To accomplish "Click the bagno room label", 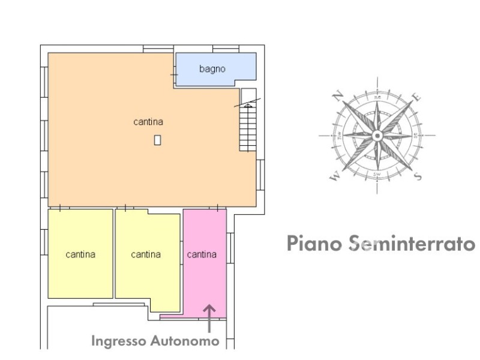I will pos(212,69).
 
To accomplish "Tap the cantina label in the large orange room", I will pos(148,122).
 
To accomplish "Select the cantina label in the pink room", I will pos(202,254).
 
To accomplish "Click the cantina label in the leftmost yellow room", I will pos(80,254).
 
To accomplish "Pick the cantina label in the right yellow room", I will pos(146,254).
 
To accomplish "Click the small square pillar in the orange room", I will pos(157,140).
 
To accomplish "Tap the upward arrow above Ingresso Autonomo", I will pos(209,318).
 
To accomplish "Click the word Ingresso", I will pos(117,341).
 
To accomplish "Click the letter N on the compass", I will pos(338,95).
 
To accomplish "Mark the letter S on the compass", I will pos(418,175).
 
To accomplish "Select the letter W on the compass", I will pos(335,176).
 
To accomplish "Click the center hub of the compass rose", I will pos(377,136).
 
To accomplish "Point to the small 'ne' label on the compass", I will pos(377,97).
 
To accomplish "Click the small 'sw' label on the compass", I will pos(377,174).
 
